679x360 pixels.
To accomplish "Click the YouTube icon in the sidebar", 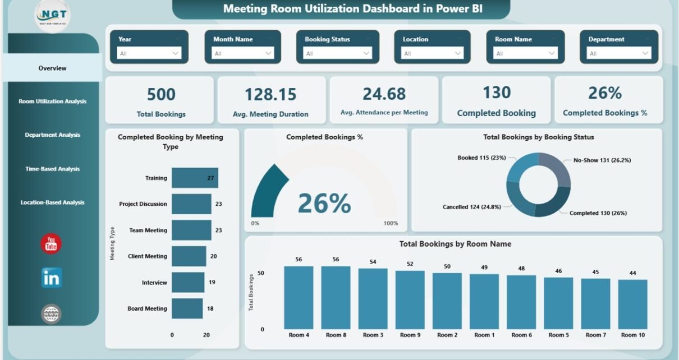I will pyautogui.click(x=51, y=243).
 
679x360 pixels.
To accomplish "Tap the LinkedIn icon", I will pyautogui.click(x=51, y=278).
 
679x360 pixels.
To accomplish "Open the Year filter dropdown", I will pyautogui.click(x=149, y=53).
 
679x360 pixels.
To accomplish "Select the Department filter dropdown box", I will pyautogui.click(x=619, y=53).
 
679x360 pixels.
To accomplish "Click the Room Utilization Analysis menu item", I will pyautogui.click(x=53, y=101).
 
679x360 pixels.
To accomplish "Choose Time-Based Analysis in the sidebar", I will pyautogui.click(x=53, y=169).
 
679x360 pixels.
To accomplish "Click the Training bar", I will pyautogui.click(x=195, y=178).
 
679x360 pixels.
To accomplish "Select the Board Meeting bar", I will pyautogui.click(x=187, y=308).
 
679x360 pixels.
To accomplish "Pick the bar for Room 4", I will pyautogui.click(x=299, y=297).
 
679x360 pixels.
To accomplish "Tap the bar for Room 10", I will pyautogui.click(x=632, y=304).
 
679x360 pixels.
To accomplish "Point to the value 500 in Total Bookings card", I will pyautogui.click(x=161, y=94).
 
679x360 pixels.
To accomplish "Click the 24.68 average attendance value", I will pyautogui.click(x=384, y=94).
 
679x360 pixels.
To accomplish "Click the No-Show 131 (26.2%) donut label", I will pyautogui.click(x=602, y=160).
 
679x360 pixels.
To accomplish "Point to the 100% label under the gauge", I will pyautogui.click(x=391, y=223).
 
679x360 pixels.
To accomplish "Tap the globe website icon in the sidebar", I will pyautogui.click(x=51, y=313).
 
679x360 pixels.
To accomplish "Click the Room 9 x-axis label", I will pyautogui.click(x=410, y=335).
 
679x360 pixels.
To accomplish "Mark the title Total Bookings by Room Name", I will pyautogui.click(x=455, y=244).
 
